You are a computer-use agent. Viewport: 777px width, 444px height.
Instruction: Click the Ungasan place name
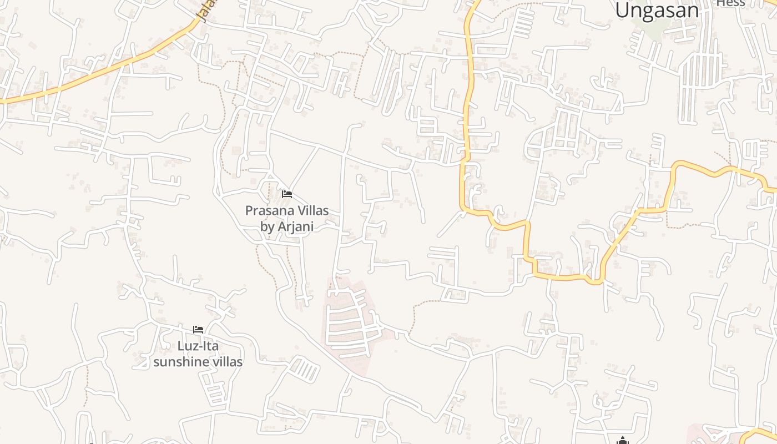click(657, 9)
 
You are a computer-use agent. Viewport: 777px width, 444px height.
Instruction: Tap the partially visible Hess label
click(730, 3)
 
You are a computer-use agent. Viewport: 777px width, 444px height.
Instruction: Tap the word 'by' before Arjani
click(267, 226)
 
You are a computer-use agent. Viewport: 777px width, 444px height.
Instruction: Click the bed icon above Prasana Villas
click(287, 194)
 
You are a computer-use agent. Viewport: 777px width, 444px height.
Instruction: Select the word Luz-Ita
click(198, 346)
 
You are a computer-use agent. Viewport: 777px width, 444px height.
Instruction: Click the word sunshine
click(180, 362)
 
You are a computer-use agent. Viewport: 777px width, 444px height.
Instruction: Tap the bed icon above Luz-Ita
click(198, 330)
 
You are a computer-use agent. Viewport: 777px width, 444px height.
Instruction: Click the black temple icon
click(623, 441)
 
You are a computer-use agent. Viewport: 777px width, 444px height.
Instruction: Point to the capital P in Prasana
click(249, 211)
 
